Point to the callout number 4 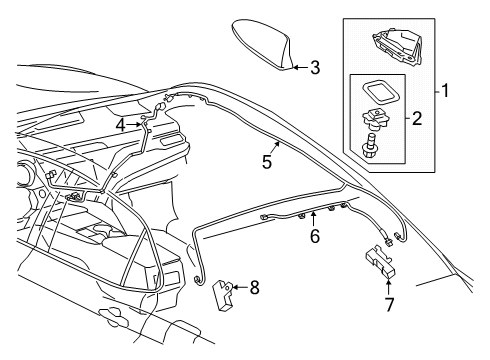tap(120, 124)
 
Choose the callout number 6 tap(313, 239)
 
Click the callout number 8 tap(254, 289)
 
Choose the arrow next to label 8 tap(240, 289)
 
